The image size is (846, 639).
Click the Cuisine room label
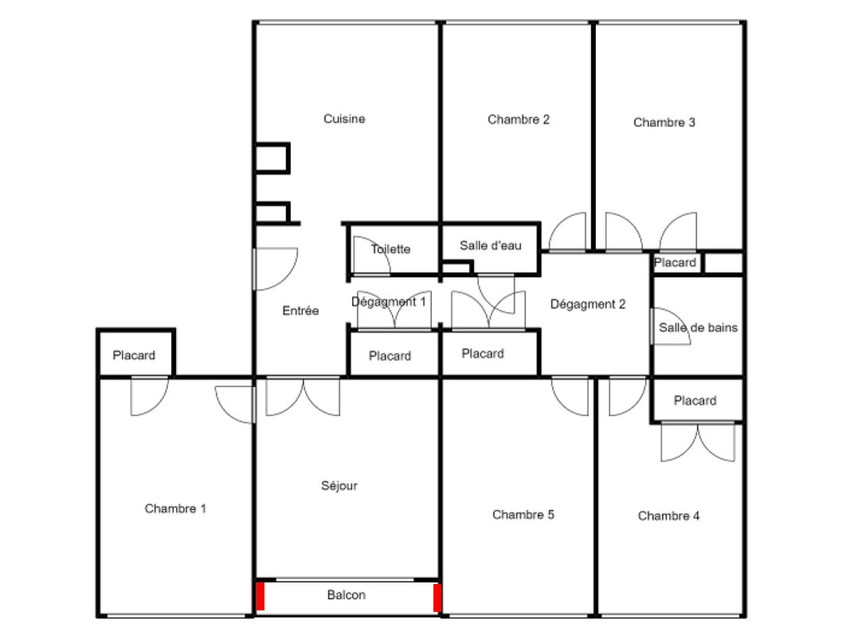click(344, 118)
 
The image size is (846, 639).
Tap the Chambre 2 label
click(518, 120)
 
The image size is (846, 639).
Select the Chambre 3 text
click(664, 123)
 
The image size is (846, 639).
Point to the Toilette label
click(390, 249)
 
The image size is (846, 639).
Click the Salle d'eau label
click(490, 245)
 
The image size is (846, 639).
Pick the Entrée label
click(300, 311)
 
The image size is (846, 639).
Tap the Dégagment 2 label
click(587, 305)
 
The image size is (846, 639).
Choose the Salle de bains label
click(698, 327)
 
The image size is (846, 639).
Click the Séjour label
click(339, 486)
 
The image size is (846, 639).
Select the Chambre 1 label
click(176, 509)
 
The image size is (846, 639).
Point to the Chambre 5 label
click(523, 515)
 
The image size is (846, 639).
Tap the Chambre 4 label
click(668, 516)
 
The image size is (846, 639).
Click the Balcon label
click(346, 595)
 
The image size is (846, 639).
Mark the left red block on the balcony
click(261, 596)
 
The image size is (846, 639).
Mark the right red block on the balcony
click(437, 598)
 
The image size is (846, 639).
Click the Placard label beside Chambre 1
click(134, 355)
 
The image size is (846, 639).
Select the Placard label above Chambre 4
click(695, 400)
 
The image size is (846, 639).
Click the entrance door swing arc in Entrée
click(289, 276)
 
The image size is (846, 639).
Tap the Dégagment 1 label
click(389, 302)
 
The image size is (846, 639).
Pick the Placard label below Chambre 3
click(675, 262)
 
